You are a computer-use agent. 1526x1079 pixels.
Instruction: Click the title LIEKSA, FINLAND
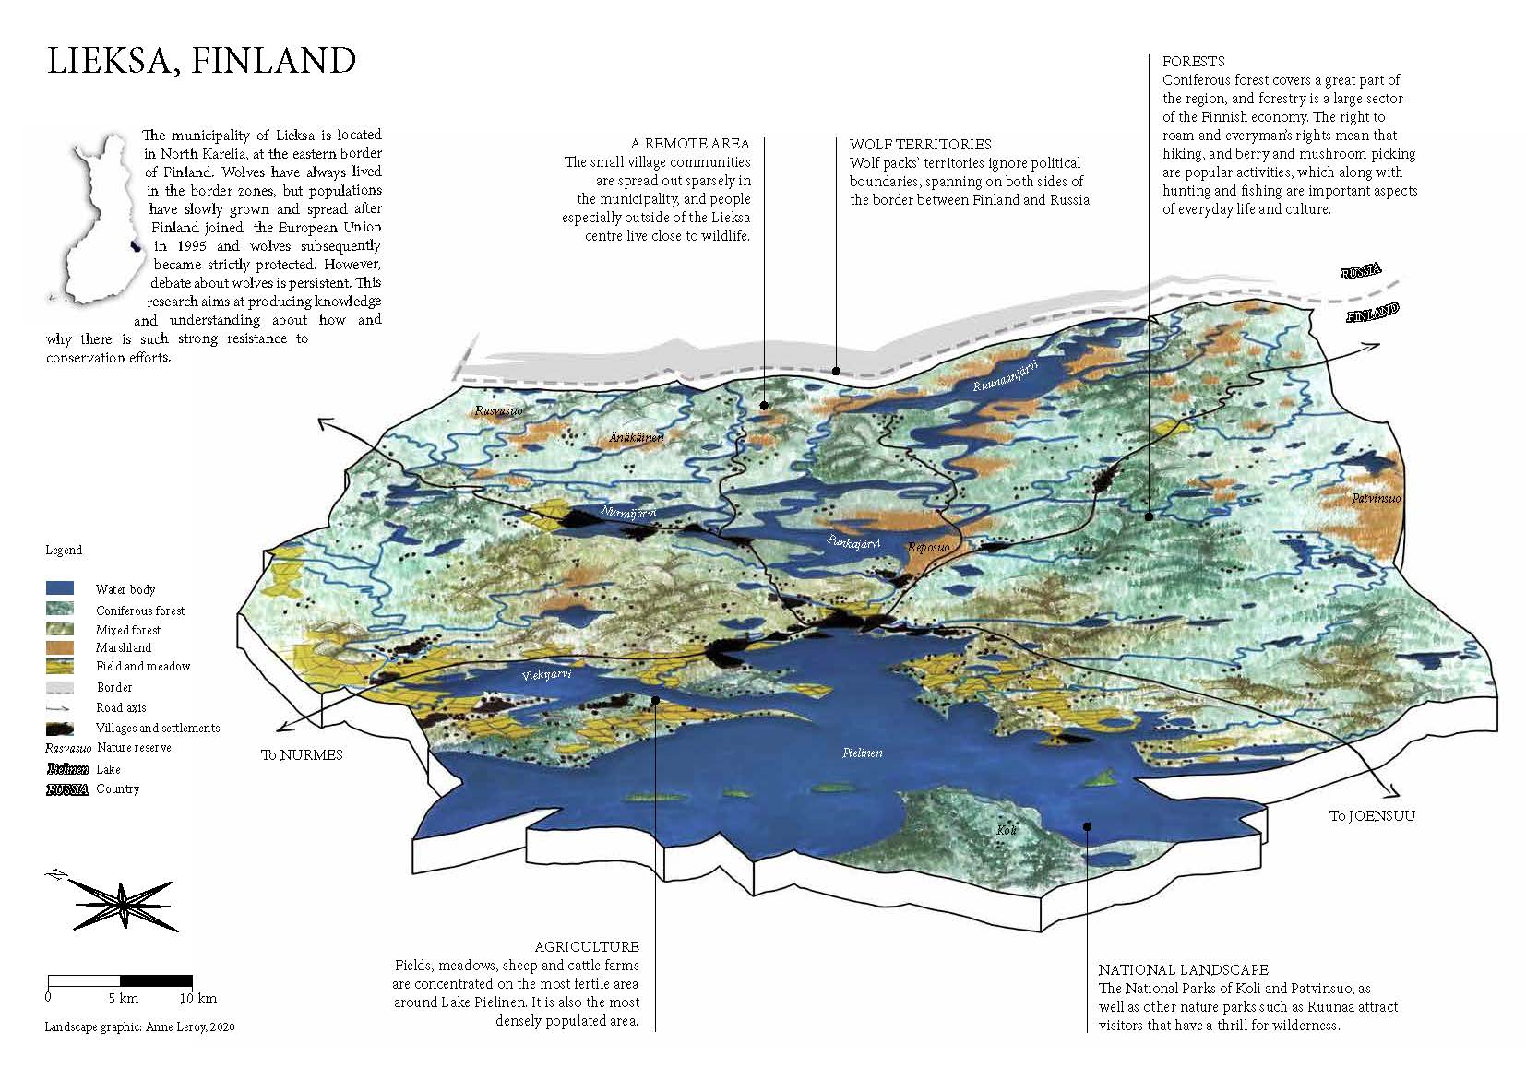pyautogui.click(x=201, y=61)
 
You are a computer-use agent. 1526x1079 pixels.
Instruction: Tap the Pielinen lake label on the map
pyautogui.click(x=863, y=753)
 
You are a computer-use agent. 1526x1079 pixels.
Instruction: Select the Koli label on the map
pyautogui.click(x=1007, y=830)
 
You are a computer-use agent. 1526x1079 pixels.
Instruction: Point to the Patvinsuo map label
pyautogui.click(x=1377, y=499)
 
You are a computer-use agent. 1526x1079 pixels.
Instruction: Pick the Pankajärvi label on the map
pyautogui.click(x=853, y=542)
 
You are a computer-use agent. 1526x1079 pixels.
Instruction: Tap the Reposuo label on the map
pyautogui.click(x=928, y=547)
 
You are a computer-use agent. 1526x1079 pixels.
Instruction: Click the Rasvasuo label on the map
pyautogui.click(x=499, y=410)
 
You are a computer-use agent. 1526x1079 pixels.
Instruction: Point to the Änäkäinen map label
pyautogui.click(x=636, y=437)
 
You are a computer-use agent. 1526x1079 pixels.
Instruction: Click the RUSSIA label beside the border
pyautogui.click(x=1361, y=272)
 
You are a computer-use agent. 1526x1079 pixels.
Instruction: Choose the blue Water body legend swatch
pyautogui.click(x=60, y=588)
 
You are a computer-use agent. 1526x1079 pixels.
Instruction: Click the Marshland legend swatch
pyautogui.click(x=60, y=647)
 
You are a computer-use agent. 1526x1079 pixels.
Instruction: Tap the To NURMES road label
pyautogui.click(x=302, y=754)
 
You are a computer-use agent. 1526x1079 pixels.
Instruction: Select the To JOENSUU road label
pyautogui.click(x=1371, y=815)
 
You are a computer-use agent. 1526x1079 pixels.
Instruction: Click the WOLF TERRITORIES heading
pyautogui.click(x=920, y=144)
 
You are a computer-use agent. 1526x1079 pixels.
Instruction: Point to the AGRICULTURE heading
pyautogui.click(x=587, y=946)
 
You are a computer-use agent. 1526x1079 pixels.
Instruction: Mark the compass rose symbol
pyautogui.click(x=123, y=901)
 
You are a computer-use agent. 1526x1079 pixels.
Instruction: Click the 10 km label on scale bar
pyautogui.click(x=198, y=998)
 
